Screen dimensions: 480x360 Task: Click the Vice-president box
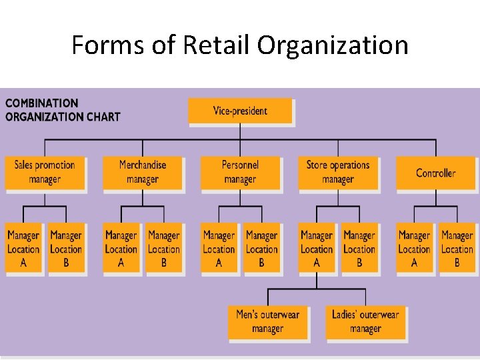coord(240,111)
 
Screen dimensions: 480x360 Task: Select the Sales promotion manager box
coord(45,172)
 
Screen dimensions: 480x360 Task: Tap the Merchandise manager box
coord(143,172)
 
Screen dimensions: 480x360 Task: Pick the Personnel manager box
coord(240,172)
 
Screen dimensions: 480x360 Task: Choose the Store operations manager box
coord(337,172)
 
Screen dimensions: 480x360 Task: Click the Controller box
coord(435,173)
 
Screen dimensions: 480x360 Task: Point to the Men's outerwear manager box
coord(267,321)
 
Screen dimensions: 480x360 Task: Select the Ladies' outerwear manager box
coord(365,321)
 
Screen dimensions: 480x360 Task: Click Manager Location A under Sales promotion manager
coord(23,248)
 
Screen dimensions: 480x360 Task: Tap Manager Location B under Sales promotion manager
coord(66,248)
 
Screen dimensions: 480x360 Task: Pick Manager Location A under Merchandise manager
coord(121,248)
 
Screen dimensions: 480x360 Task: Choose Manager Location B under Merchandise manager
coord(164,248)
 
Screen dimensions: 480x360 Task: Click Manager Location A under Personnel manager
coord(219,248)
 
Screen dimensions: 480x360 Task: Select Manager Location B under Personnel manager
coord(261,248)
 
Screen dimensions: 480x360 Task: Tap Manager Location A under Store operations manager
coord(317,248)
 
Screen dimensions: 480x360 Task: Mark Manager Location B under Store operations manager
coord(359,248)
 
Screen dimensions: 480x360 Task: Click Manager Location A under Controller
coord(414,248)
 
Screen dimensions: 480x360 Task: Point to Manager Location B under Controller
coord(457,248)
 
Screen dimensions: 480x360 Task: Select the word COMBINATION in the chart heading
coord(42,103)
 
